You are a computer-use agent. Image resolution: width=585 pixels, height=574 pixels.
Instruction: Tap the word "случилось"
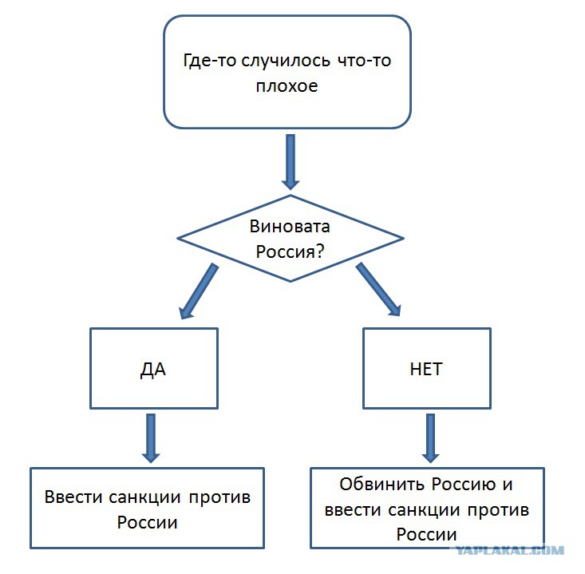(286, 61)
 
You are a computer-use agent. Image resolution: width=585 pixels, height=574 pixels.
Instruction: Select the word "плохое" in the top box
(287, 86)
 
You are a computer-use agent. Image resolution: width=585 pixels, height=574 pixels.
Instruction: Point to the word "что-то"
(365, 61)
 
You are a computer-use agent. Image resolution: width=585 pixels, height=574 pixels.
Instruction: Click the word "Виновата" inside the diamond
(290, 227)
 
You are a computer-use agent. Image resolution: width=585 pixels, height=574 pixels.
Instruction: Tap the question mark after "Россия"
(320, 251)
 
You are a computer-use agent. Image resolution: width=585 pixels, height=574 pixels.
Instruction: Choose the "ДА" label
(153, 370)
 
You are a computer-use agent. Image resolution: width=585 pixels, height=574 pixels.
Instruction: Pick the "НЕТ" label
(426, 369)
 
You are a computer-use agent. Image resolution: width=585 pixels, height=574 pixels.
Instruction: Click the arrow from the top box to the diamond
(291, 161)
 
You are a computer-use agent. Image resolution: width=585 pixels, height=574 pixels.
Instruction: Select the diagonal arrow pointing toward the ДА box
(199, 291)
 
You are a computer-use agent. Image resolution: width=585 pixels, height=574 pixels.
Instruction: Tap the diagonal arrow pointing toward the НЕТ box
(378, 289)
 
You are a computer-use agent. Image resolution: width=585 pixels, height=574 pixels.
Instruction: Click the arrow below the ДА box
(151, 438)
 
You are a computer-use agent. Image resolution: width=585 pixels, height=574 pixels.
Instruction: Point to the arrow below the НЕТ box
(430, 438)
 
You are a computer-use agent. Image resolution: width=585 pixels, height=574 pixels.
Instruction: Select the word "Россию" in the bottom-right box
(464, 485)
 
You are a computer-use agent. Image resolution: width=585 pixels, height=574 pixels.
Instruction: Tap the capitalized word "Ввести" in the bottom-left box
(73, 497)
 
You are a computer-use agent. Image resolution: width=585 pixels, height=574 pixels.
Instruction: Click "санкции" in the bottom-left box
(144, 498)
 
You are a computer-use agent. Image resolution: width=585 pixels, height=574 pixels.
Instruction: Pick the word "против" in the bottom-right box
(498, 511)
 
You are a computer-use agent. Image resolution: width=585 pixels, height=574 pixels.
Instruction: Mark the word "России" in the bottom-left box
(147, 522)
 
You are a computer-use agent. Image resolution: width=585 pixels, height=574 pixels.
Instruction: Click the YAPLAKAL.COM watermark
(509, 551)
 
